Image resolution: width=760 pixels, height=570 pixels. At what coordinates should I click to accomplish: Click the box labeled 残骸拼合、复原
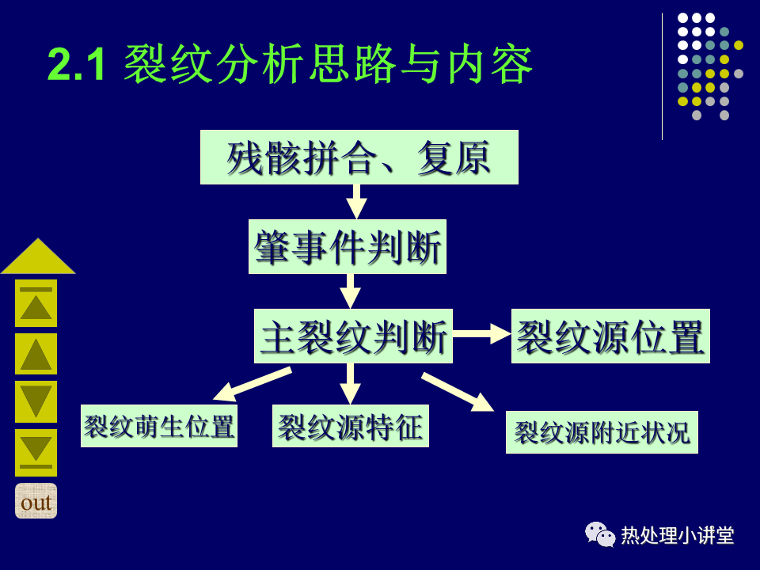(359, 157)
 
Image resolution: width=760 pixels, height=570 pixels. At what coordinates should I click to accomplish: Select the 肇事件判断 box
(348, 247)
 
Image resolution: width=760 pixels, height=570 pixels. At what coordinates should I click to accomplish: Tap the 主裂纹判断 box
(353, 336)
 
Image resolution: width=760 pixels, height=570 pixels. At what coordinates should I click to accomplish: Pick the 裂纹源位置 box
(610, 336)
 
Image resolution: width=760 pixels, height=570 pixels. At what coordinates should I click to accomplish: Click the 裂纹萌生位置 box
(159, 426)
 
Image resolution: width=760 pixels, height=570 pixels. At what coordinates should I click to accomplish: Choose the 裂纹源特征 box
(351, 426)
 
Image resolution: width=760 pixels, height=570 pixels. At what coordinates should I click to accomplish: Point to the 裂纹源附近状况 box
(602, 432)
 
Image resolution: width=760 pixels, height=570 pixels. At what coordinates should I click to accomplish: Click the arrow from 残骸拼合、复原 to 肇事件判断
(357, 202)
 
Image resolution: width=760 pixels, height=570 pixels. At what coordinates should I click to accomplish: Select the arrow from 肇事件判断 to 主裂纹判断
(350, 291)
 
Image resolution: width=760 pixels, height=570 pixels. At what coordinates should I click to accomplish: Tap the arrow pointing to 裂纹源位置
(482, 333)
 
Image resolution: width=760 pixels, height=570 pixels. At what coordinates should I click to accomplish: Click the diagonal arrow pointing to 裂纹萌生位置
(253, 385)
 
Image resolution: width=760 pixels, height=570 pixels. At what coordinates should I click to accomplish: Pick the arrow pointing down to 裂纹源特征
(350, 384)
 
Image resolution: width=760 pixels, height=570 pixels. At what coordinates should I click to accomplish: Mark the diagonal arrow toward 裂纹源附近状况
(458, 392)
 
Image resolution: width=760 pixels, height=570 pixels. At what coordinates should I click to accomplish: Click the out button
(36, 501)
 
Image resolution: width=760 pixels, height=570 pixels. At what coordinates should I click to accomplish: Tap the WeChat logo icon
(600, 534)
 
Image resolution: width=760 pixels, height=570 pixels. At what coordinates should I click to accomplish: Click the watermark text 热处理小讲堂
(678, 536)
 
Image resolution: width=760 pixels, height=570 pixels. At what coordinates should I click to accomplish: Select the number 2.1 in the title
(76, 65)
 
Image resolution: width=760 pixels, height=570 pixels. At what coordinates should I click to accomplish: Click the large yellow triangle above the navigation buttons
(38, 256)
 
